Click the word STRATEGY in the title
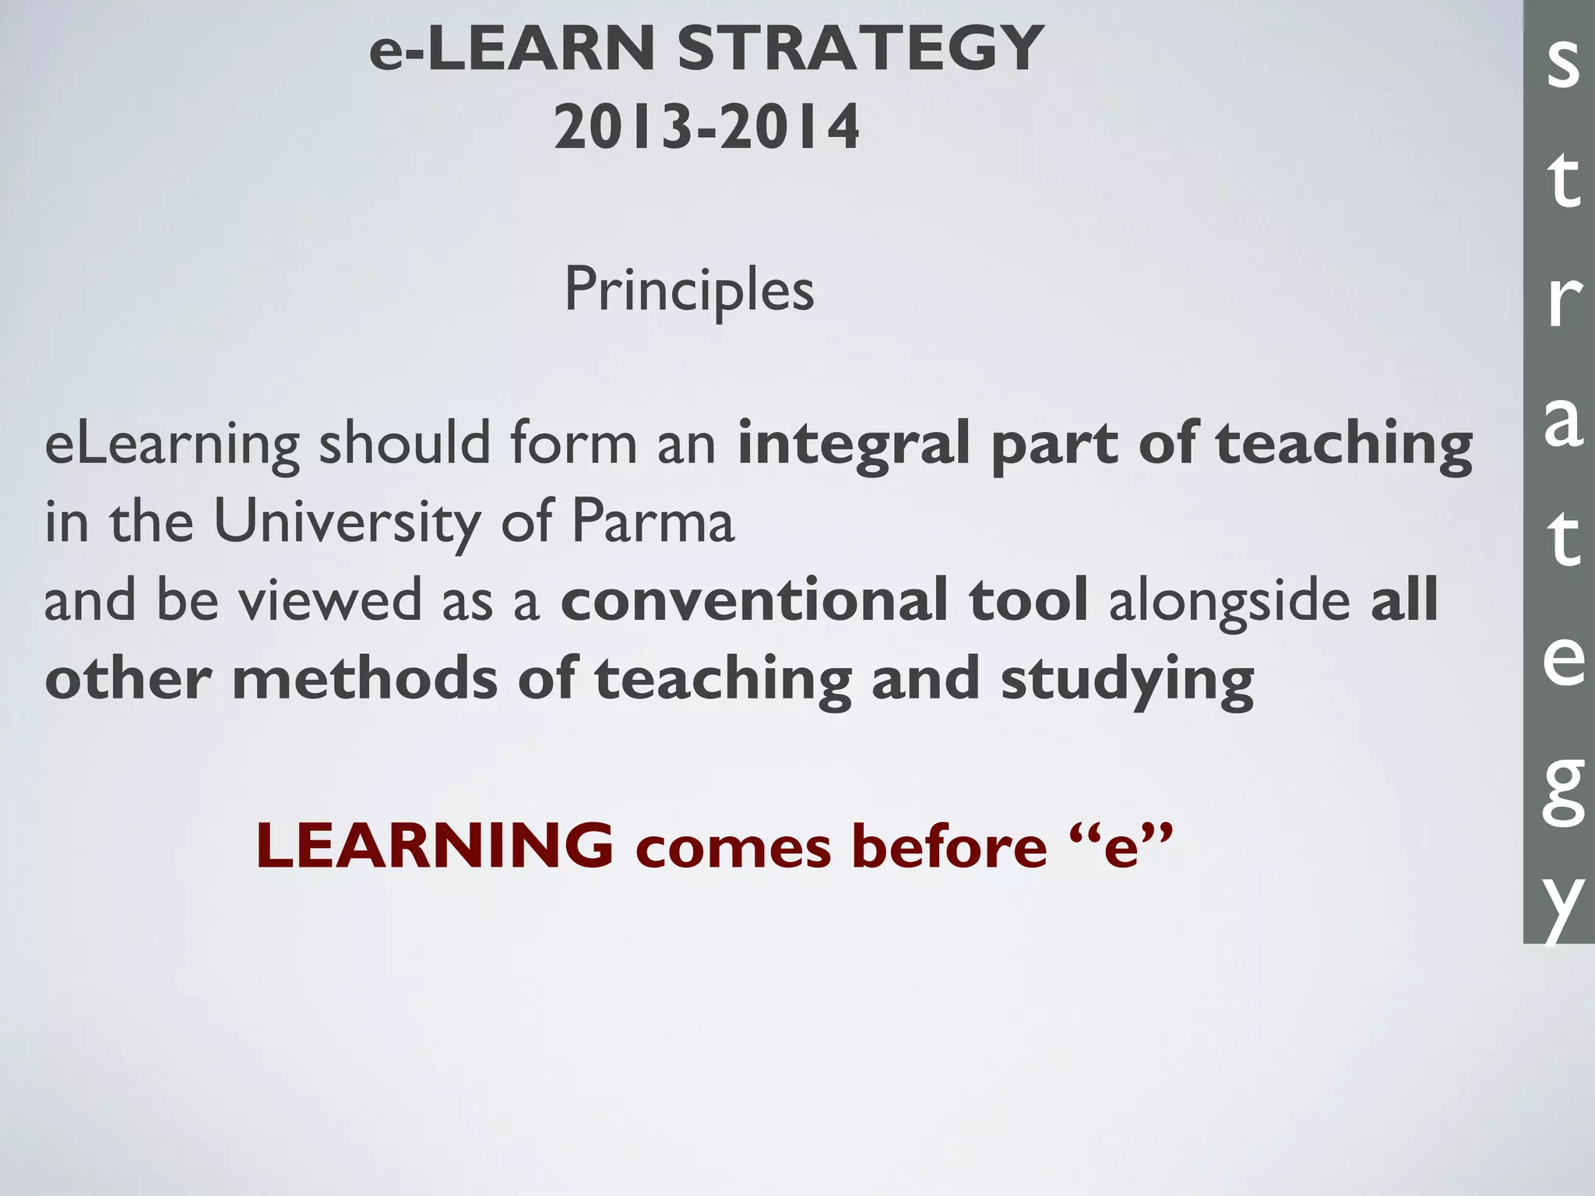[860, 48]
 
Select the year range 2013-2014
[706, 128]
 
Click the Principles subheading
[689, 290]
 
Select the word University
[347, 522]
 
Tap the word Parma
[653, 522]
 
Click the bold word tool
[1028, 600]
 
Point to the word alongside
[1229, 600]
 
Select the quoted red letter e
[1121, 847]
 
